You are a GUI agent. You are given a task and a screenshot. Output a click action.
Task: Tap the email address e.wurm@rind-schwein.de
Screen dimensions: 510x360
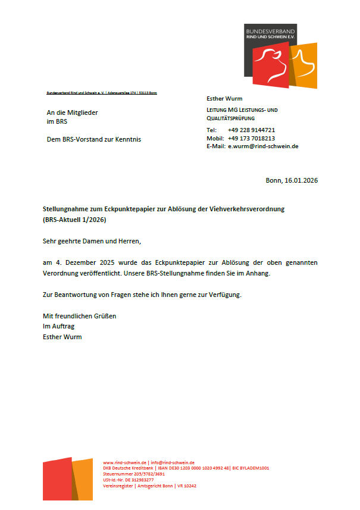(x=263, y=146)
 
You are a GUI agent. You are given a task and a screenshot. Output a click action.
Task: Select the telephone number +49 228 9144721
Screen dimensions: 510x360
(x=251, y=130)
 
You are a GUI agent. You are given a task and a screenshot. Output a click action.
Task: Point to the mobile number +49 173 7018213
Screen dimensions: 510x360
(x=251, y=138)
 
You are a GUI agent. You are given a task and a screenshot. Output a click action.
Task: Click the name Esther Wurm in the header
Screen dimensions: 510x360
(x=224, y=98)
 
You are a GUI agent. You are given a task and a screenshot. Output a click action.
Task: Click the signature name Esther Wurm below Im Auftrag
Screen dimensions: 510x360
(x=62, y=337)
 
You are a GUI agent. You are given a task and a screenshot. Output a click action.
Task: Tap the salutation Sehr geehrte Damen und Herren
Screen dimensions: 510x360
(x=92, y=242)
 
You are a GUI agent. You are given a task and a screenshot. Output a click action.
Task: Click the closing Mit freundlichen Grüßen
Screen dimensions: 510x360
(x=79, y=316)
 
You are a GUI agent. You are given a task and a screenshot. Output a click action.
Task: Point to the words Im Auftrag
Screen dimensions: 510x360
(x=58, y=326)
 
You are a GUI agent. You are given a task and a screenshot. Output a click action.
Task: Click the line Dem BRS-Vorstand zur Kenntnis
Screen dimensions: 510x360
(x=94, y=140)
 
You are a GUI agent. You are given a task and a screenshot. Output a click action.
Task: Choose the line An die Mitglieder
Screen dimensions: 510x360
(x=73, y=112)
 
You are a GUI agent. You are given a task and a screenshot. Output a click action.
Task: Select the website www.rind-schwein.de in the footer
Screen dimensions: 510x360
(x=125, y=462)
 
